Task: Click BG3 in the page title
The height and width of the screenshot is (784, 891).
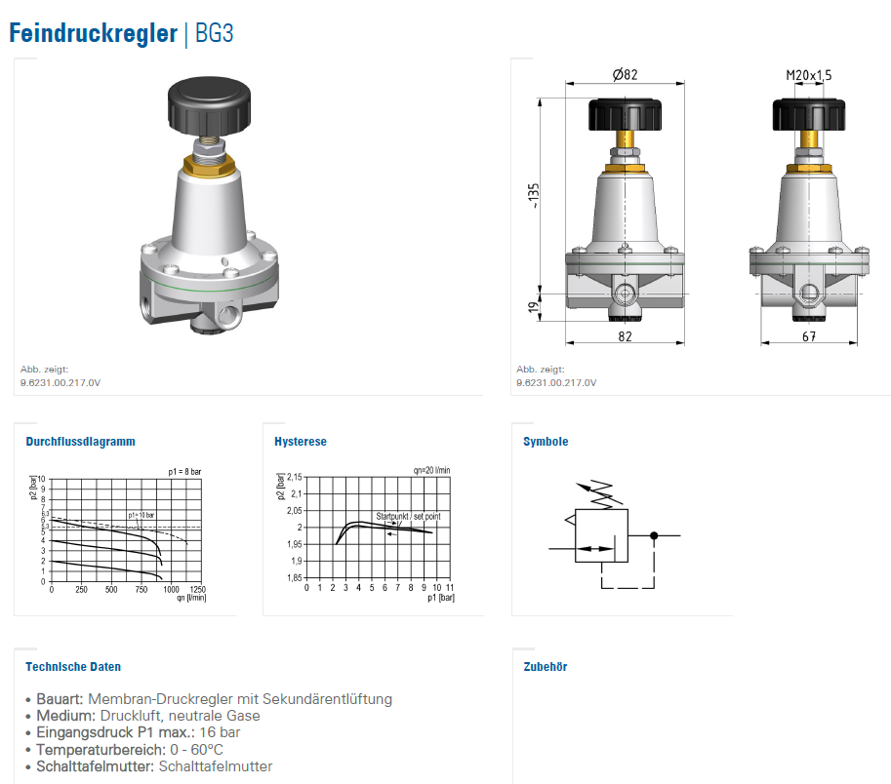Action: [x=215, y=33]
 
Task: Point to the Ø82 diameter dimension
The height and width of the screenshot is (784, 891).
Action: [x=625, y=75]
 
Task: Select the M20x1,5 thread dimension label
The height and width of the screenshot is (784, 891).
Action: [x=809, y=75]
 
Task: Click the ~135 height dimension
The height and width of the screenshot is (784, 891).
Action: [x=533, y=195]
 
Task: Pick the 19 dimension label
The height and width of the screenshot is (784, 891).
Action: [x=533, y=307]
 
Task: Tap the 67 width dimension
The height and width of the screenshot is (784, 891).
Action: [x=808, y=336]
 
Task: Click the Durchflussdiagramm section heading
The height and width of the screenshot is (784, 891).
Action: [x=80, y=442]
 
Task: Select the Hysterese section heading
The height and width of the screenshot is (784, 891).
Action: [x=301, y=442]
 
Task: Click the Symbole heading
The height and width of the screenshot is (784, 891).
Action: [x=546, y=442]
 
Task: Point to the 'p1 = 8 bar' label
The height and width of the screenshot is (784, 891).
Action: [x=184, y=471]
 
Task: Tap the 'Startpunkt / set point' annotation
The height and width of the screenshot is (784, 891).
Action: [x=408, y=517]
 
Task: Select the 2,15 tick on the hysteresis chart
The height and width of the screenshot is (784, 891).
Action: [x=294, y=477]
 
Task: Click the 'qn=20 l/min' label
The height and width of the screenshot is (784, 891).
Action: [x=430, y=470]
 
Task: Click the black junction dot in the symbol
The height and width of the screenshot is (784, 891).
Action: [x=654, y=535]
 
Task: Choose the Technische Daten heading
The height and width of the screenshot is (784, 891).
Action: [x=73, y=667]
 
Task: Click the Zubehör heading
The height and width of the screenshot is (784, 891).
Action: [x=546, y=667]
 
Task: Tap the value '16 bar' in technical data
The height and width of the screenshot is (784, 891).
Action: [x=220, y=732]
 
